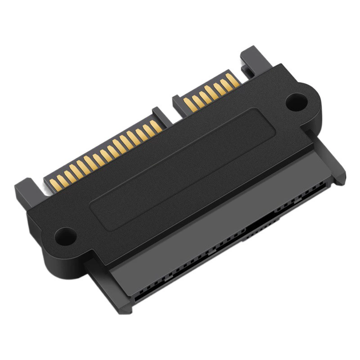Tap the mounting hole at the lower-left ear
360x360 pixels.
[65, 234]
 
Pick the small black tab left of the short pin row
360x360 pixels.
[178, 102]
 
